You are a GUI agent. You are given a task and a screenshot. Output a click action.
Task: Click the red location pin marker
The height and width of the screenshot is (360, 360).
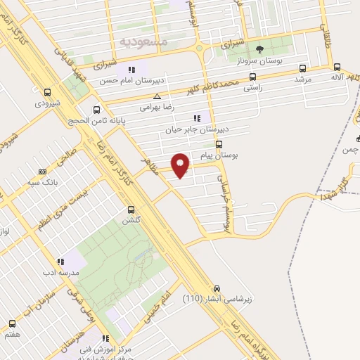[181, 165]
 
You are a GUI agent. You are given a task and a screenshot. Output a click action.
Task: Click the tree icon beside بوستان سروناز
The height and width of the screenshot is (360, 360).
[260, 49]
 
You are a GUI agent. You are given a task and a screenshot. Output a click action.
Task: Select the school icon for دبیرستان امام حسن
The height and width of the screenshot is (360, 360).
[131, 70]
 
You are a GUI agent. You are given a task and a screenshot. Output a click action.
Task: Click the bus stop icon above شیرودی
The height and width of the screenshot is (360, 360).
[47, 92]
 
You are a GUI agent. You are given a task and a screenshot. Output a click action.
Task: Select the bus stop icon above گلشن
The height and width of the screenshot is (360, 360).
[131, 210]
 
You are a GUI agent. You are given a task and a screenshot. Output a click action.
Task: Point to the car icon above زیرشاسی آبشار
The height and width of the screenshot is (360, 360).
[217, 288]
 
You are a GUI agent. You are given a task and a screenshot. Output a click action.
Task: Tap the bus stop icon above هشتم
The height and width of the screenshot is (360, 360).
[12, 323]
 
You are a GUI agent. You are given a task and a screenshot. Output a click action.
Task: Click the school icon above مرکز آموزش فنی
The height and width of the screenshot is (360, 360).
[106, 338]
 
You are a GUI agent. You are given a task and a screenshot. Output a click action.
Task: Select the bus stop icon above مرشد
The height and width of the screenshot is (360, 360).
[302, 69]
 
